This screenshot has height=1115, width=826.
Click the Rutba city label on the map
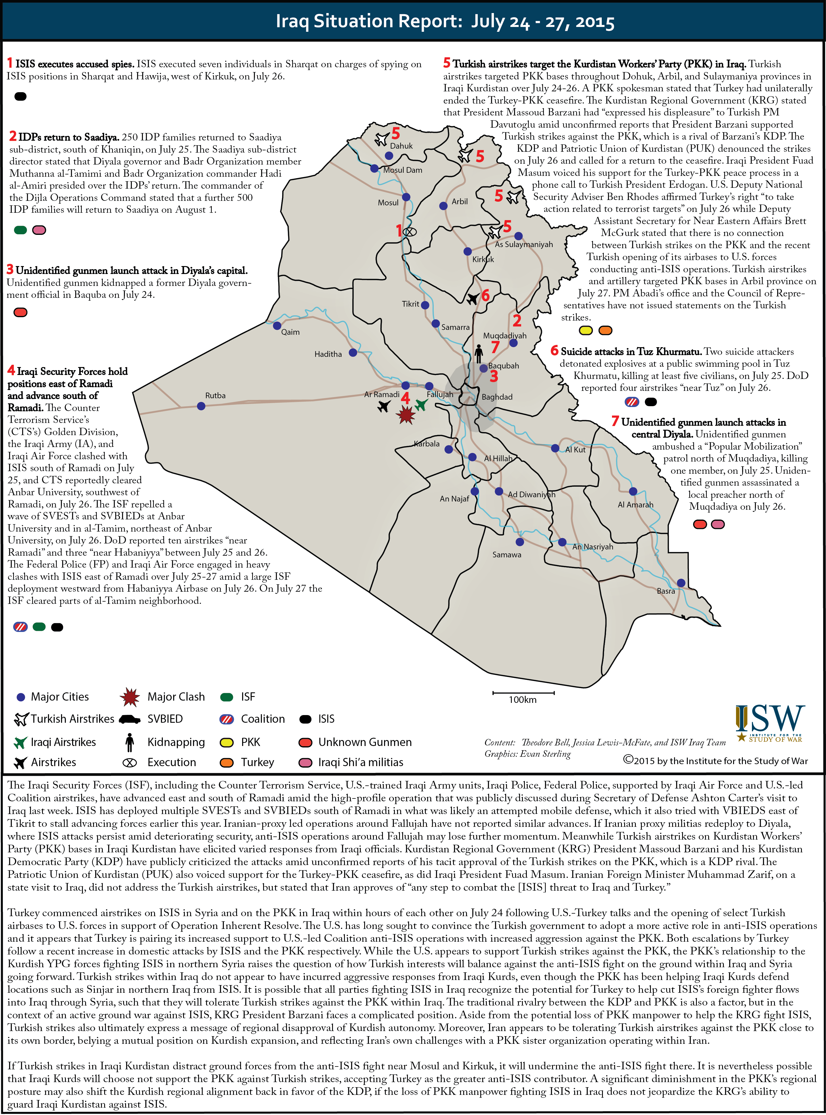point(215,395)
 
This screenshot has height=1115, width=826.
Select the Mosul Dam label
point(402,170)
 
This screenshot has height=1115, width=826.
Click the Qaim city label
point(290,332)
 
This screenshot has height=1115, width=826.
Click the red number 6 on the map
point(485,295)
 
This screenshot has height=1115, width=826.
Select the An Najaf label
point(454,499)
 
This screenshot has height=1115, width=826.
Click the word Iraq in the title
point(292,22)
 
